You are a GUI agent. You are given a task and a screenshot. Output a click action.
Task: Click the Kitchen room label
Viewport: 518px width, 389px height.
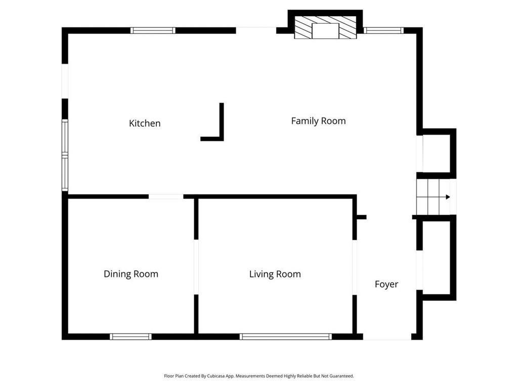coord(145,124)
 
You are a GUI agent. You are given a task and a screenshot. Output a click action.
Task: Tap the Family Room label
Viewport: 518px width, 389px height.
coord(319,121)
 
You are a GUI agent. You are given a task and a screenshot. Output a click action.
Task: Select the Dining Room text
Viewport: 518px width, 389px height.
coord(131,274)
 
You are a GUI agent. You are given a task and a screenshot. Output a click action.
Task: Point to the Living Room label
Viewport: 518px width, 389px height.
coord(275,274)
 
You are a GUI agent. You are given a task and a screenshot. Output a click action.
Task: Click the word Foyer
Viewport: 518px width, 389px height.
coord(386,284)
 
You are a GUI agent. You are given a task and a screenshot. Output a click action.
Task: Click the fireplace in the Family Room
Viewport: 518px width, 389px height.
coord(325,28)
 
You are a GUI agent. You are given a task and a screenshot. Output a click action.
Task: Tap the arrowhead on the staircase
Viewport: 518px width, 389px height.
coord(448,197)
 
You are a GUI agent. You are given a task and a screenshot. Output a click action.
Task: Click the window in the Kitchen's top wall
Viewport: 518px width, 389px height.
coord(153,30)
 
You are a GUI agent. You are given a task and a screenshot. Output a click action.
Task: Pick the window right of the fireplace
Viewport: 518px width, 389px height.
coord(383,30)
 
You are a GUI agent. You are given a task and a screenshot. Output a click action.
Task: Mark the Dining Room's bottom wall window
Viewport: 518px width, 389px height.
coord(131,337)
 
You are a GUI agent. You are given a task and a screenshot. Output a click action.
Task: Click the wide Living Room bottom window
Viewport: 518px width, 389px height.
coord(286,337)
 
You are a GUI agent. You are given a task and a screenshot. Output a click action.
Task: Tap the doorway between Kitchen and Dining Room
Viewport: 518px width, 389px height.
coord(166,197)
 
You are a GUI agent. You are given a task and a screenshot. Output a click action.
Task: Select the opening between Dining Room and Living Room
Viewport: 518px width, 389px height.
coord(196,267)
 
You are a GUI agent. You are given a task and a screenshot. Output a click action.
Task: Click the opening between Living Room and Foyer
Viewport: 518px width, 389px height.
coord(355,267)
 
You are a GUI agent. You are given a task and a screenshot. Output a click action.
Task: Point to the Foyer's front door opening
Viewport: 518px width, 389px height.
coord(387,337)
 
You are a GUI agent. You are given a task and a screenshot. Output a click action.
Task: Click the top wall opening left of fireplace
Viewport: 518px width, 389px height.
coord(256,30)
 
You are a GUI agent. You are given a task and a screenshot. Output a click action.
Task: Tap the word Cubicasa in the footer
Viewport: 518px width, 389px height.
coord(216,376)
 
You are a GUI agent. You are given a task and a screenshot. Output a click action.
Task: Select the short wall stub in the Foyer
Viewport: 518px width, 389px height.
coord(361,217)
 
